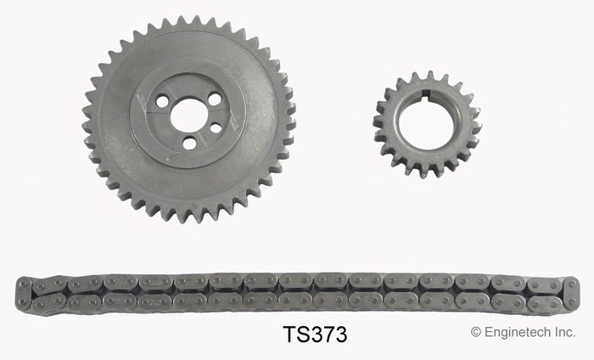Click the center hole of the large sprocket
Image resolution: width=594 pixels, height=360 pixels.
[188, 115]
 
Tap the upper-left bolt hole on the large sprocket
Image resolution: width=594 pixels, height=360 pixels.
[163, 102]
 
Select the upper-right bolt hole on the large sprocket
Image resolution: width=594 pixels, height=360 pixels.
[215, 99]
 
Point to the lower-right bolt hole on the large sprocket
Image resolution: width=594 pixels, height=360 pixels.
[216, 128]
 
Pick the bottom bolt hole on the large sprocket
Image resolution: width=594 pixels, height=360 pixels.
[189, 143]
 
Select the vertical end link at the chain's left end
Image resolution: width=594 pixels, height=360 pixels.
[24, 294]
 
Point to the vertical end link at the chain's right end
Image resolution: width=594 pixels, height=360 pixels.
[571, 293]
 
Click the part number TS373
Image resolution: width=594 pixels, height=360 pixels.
[315, 335]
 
